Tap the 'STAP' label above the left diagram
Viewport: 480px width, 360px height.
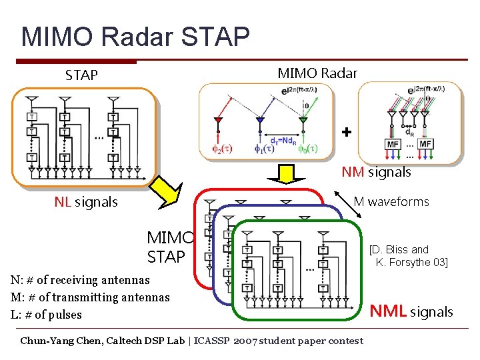(x=81, y=75)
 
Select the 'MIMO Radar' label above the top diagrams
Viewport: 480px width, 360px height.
(x=317, y=73)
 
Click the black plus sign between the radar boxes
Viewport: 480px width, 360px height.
(x=346, y=132)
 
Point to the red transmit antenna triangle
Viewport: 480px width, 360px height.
(x=217, y=120)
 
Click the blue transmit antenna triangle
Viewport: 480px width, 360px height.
(x=260, y=120)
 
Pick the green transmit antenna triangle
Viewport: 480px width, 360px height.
(x=303, y=120)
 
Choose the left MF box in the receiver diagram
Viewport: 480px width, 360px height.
(x=393, y=144)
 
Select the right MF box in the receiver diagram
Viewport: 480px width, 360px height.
(x=425, y=144)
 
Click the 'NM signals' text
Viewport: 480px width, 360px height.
(x=376, y=172)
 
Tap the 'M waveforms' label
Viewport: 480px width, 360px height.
(x=391, y=201)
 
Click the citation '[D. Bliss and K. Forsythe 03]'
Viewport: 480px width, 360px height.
(x=408, y=256)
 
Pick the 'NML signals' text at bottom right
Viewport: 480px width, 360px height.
(x=411, y=311)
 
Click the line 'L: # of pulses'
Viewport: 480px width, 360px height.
(x=47, y=314)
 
